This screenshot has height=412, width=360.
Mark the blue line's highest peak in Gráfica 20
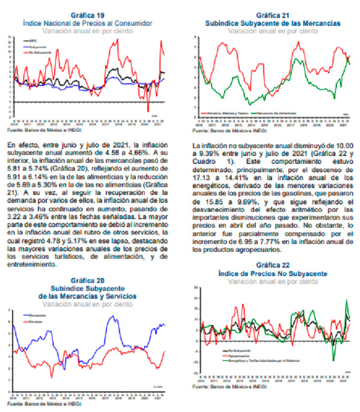(x=113, y=316)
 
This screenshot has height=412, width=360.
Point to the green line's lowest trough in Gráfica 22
(x=333, y=360)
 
